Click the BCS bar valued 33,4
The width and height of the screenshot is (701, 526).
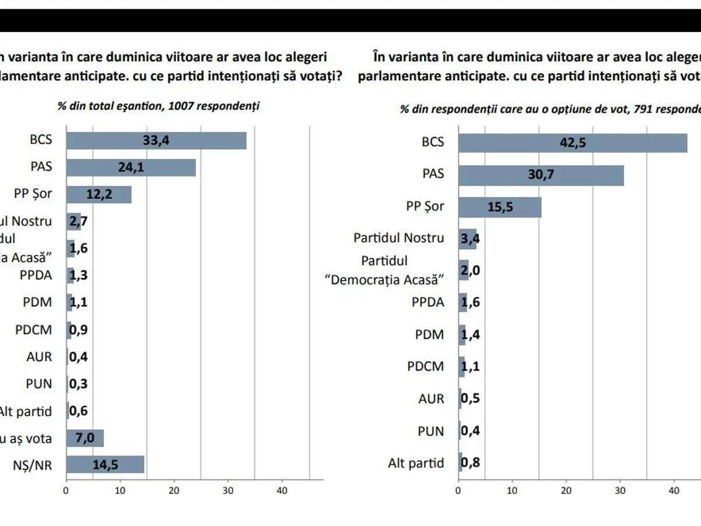[156, 141]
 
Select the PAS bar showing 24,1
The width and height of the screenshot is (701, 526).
[131, 167]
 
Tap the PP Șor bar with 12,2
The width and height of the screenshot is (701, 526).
[99, 194]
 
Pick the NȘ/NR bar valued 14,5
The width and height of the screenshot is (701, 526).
[105, 465]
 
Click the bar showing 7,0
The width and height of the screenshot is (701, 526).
[85, 438]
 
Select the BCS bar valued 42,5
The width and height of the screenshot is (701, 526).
[572, 143]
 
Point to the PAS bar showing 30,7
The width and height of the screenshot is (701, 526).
[541, 175]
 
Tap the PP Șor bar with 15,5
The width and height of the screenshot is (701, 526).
[499, 207]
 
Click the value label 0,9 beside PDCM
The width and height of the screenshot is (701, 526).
[78, 330]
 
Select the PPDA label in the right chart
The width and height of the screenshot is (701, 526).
[428, 302]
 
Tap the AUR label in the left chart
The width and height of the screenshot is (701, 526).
[39, 357]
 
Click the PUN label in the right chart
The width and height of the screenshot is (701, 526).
[431, 431]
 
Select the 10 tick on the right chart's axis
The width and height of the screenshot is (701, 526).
[512, 491]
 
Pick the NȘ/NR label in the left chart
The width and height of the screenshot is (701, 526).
[33, 466]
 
